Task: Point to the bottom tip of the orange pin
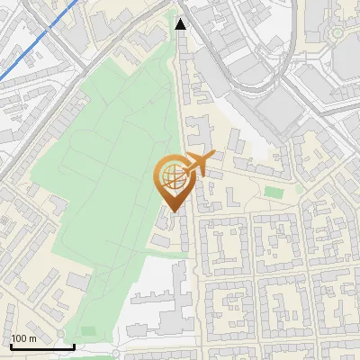coord(171,212)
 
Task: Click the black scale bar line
coord(42,346)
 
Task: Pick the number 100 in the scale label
coord(20,338)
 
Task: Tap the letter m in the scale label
coord(32,338)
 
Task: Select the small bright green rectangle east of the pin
coord(273,192)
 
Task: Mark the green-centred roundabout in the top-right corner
coord(337,33)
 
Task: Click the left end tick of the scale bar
coord(11,346)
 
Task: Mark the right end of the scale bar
coord(74,346)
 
